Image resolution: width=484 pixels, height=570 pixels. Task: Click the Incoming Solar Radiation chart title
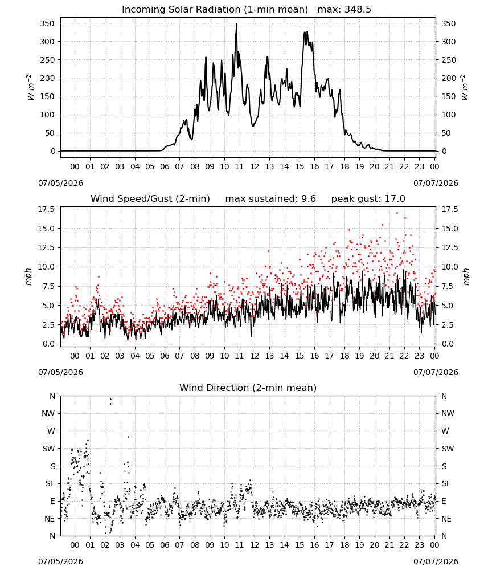click(215, 10)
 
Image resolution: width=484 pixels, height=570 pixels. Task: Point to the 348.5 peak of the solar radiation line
click(236, 23)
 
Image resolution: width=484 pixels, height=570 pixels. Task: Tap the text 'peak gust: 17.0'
click(368, 199)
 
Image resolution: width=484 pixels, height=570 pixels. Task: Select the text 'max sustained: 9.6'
click(270, 199)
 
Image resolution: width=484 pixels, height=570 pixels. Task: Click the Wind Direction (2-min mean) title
click(248, 388)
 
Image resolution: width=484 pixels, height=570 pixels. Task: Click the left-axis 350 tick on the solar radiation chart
click(47, 23)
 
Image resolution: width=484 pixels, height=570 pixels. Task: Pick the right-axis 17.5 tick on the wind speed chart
click(449, 209)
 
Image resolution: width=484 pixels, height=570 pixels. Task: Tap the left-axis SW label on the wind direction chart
click(49, 449)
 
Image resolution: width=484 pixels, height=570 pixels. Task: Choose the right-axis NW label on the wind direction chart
click(448, 413)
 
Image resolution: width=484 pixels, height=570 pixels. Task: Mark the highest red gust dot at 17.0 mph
click(397, 213)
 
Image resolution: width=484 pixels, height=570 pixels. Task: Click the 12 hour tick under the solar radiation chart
click(255, 166)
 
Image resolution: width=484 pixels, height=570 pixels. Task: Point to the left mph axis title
click(28, 276)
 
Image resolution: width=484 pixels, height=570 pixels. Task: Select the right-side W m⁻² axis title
click(465, 87)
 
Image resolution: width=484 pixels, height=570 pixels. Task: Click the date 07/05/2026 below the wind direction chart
click(60, 561)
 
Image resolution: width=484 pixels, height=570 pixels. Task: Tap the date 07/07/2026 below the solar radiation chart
click(436, 183)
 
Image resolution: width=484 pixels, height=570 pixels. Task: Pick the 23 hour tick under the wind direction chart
click(419, 545)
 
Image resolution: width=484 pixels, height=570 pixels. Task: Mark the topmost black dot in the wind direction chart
click(110, 400)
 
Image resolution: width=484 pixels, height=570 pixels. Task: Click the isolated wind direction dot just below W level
click(128, 437)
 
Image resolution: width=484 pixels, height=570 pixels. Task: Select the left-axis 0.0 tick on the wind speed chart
click(48, 344)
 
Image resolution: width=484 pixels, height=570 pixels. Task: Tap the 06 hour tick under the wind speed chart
click(165, 356)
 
